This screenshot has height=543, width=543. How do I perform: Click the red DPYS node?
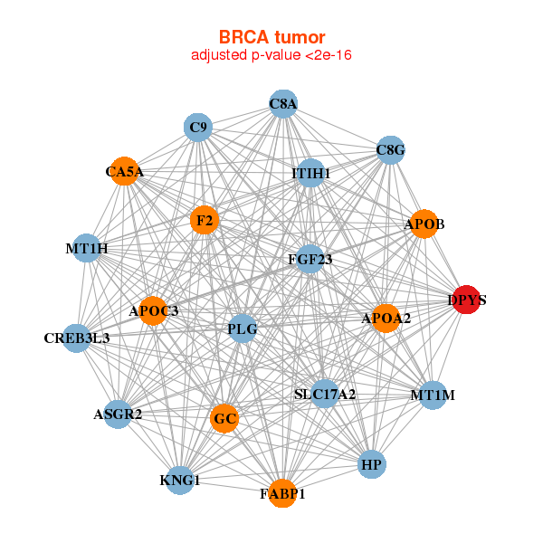click(x=465, y=300)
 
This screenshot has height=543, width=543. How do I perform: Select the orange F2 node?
click(x=205, y=220)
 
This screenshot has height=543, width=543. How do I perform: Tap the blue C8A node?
click(x=283, y=104)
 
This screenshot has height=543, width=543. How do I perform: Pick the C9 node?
click(x=198, y=128)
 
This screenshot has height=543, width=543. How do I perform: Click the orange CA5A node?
click(x=125, y=171)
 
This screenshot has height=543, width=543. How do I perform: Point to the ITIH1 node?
click(x=310, y=173)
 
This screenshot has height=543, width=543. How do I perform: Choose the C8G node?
click(x=390, y=149)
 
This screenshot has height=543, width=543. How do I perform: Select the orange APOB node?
click(x=424, y=224)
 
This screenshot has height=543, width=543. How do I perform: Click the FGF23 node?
click(x=310, y=260)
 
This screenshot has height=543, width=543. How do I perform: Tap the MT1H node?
click(x=87, y=248)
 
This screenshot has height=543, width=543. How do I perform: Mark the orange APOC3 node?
click(x=153, y=311)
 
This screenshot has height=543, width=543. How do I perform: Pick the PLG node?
click(x=243, y=329)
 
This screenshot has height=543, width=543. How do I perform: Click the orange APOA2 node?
click(x=386, y=318)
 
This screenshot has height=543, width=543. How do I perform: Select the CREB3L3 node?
click(x=77, y=338)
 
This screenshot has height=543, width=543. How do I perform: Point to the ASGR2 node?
click(x=118, y=414)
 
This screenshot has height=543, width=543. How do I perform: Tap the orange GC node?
click(x=224, y=418)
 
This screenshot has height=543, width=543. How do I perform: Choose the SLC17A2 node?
click(x=325, y=394)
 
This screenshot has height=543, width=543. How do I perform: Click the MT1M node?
click(x=433, y=395)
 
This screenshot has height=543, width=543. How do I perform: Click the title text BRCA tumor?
click(x=271, y=37)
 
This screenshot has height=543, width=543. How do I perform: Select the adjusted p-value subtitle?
click(x=271, y=55)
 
